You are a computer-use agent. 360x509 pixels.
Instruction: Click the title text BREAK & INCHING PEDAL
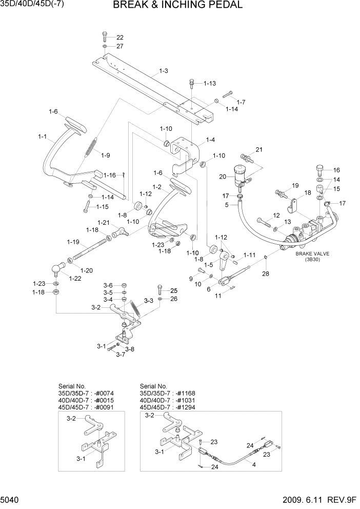(x=177, y=6)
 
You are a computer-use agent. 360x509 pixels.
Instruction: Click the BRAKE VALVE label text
(x=312, y=253)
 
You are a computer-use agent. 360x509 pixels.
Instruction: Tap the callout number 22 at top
(x=119, y=37)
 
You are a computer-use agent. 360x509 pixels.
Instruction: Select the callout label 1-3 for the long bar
(x=163, y=71)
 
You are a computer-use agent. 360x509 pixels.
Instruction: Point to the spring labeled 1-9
(x=91, y=146)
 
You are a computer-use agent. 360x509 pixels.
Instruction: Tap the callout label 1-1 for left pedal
(x=43, y=136)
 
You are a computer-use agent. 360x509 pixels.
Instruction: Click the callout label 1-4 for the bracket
(x=210, y=140)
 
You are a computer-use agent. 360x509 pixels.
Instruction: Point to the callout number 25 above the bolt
(x=173, y=290)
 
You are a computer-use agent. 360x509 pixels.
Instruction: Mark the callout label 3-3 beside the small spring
(x=148, y=300)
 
